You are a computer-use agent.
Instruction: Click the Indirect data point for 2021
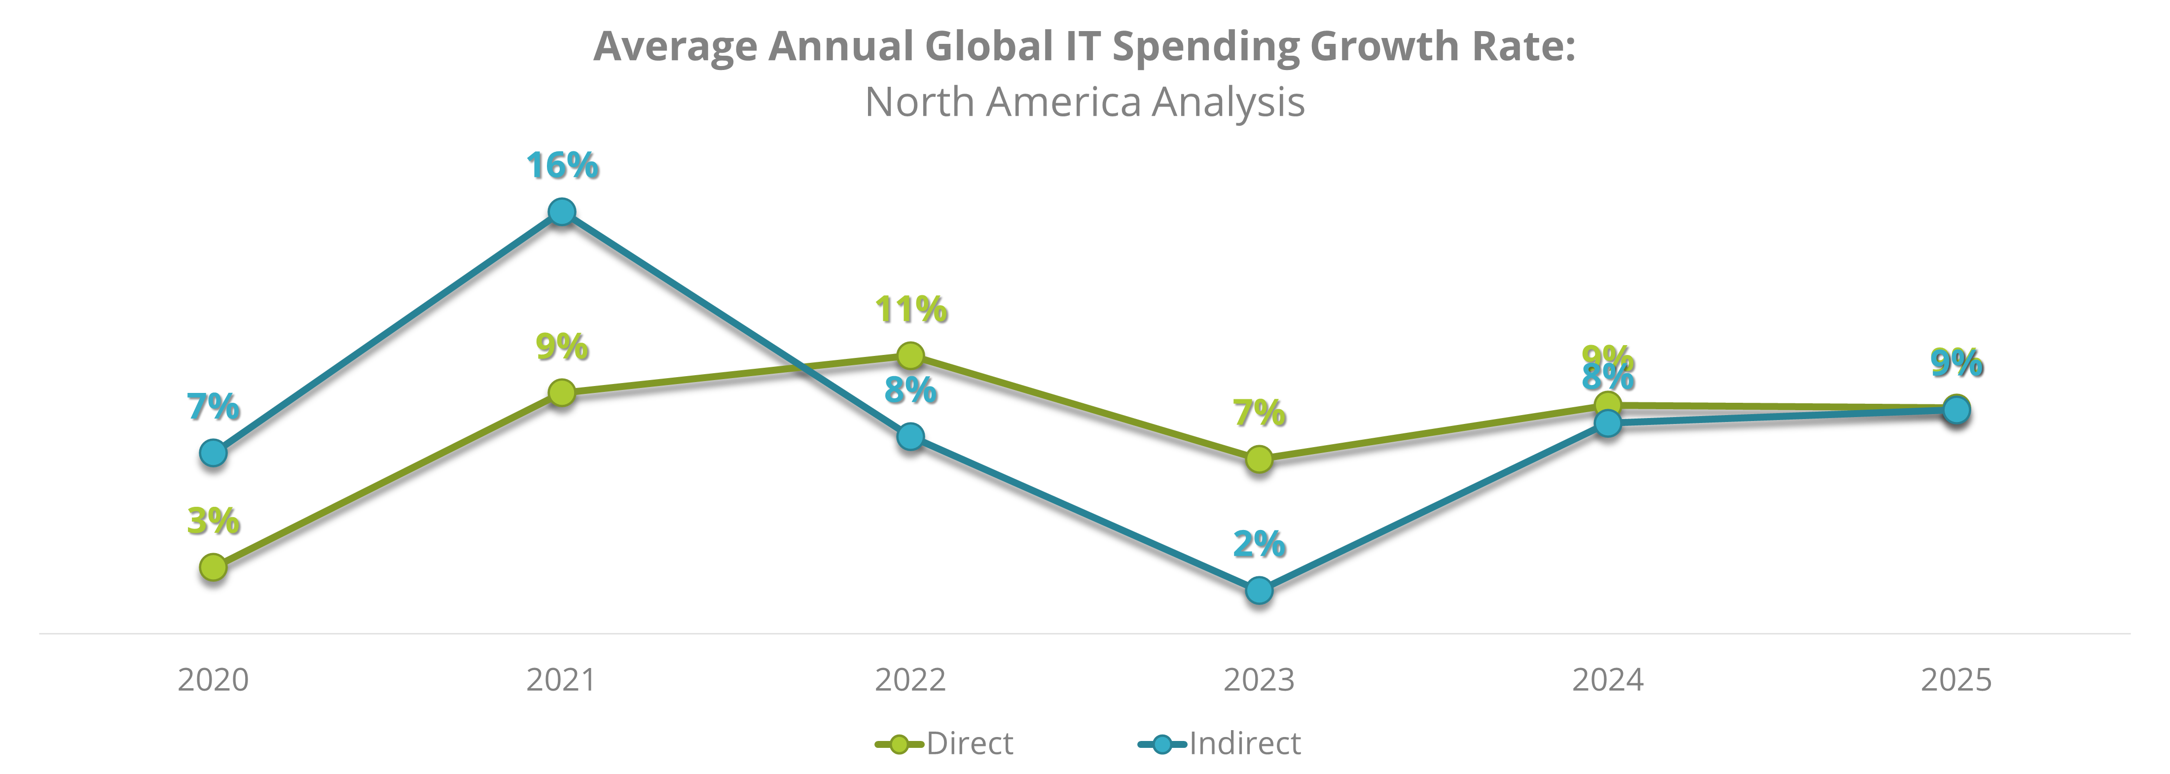[562, 211]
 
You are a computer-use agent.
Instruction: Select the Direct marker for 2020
[213, 567]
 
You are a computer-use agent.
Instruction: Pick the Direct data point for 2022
[910, 355]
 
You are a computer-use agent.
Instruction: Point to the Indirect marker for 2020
[213, 453]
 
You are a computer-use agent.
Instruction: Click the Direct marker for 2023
[1259, 459]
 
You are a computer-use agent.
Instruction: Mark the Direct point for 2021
[562, 392]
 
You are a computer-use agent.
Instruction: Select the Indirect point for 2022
[910, 436]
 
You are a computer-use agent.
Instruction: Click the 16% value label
[562, 165]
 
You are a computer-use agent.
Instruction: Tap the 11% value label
[910, 309]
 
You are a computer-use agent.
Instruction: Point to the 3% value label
[213, 521]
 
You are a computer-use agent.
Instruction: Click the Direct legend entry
[945, 743]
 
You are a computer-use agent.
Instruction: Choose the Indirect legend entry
[1220, 743]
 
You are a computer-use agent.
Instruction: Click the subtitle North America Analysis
[1085, 102]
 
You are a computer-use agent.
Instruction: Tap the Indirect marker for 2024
[1607, 423]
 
